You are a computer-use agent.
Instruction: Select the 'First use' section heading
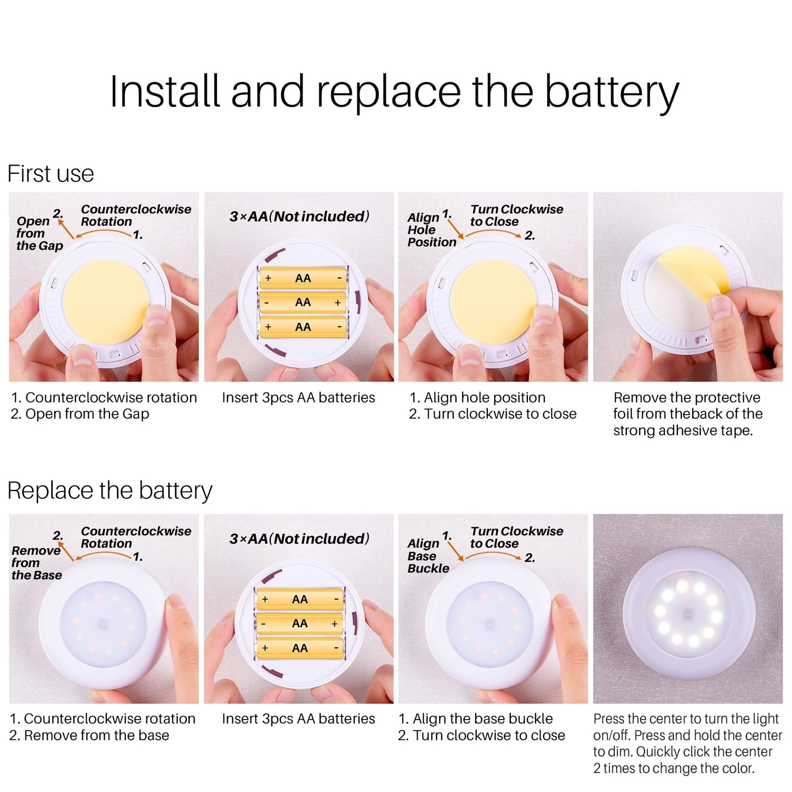click(50, 173)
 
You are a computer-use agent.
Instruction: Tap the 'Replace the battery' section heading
click(110, 491)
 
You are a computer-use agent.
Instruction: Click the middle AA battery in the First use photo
click(303, 303)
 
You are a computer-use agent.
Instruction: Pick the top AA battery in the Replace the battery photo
click(300, 599)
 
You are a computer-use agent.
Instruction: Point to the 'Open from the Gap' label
click(39, 233)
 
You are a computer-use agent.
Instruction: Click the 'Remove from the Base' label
click(37, 562)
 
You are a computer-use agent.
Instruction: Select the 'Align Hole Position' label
click(431, 230)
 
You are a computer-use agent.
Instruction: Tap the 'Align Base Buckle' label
click(428, 556)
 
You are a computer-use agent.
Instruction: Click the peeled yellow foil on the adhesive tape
click(694, 269)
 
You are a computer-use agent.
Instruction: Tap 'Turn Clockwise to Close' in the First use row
click(517, 215)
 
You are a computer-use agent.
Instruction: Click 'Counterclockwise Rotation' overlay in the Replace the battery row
click(136, 537)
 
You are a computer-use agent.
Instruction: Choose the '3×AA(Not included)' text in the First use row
click(300, 216)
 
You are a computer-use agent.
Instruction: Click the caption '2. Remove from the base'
click(89, 736)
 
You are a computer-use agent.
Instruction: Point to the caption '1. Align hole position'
click(477, 397)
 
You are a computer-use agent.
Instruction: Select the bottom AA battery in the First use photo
click(303, 327)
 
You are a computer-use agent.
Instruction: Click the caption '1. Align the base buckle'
click(476, 719)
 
